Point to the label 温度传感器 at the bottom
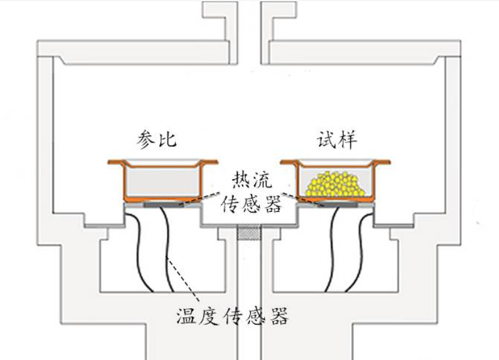tap(232, 314)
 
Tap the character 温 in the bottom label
tap(187, 314)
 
